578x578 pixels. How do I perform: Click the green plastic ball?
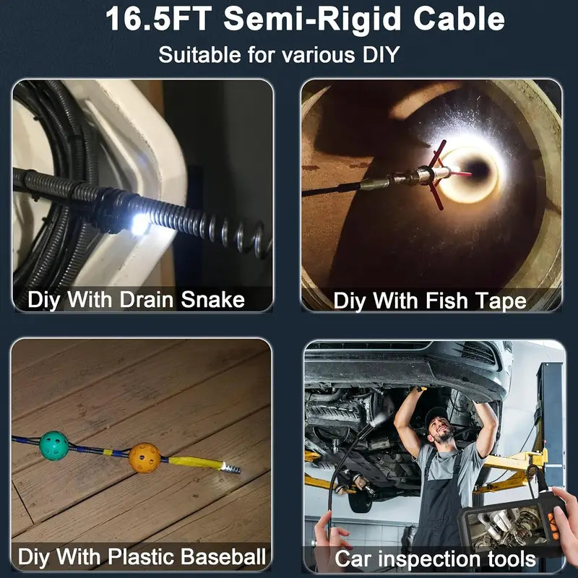[53, 446]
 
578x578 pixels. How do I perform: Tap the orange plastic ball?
[144, 458]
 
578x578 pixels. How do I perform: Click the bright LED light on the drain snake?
[140, 224]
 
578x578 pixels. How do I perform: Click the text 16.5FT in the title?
[159, 20]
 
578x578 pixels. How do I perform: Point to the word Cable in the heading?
[459, 20]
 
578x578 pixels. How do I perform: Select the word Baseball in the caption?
[223, 556]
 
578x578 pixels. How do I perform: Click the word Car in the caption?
[353, 558]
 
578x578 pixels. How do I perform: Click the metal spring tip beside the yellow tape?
[231, 467]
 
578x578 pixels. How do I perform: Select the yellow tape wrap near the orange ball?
[195, 462]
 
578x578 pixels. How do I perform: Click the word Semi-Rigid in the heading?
[312, 20]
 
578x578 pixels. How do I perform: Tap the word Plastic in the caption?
[142, 556]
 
